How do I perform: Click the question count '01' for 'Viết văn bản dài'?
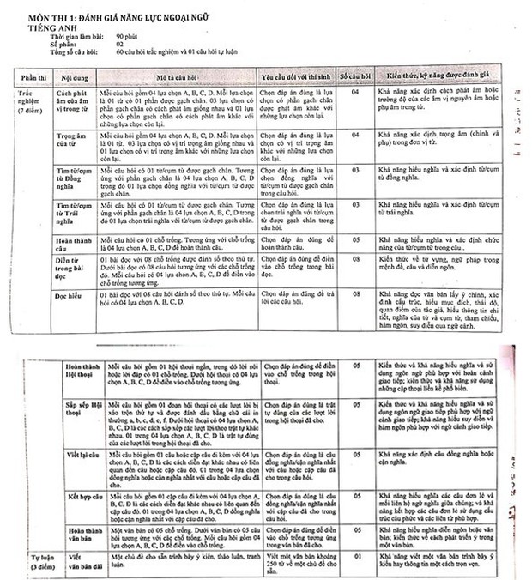point(357,557)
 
